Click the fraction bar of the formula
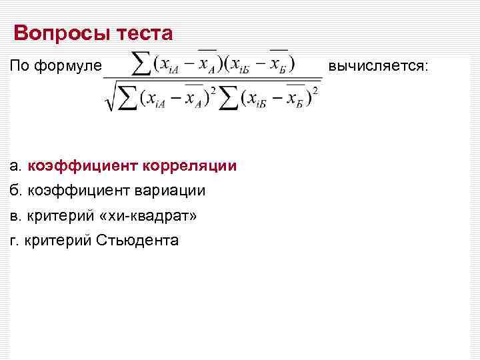212,79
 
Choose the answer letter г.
15,241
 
